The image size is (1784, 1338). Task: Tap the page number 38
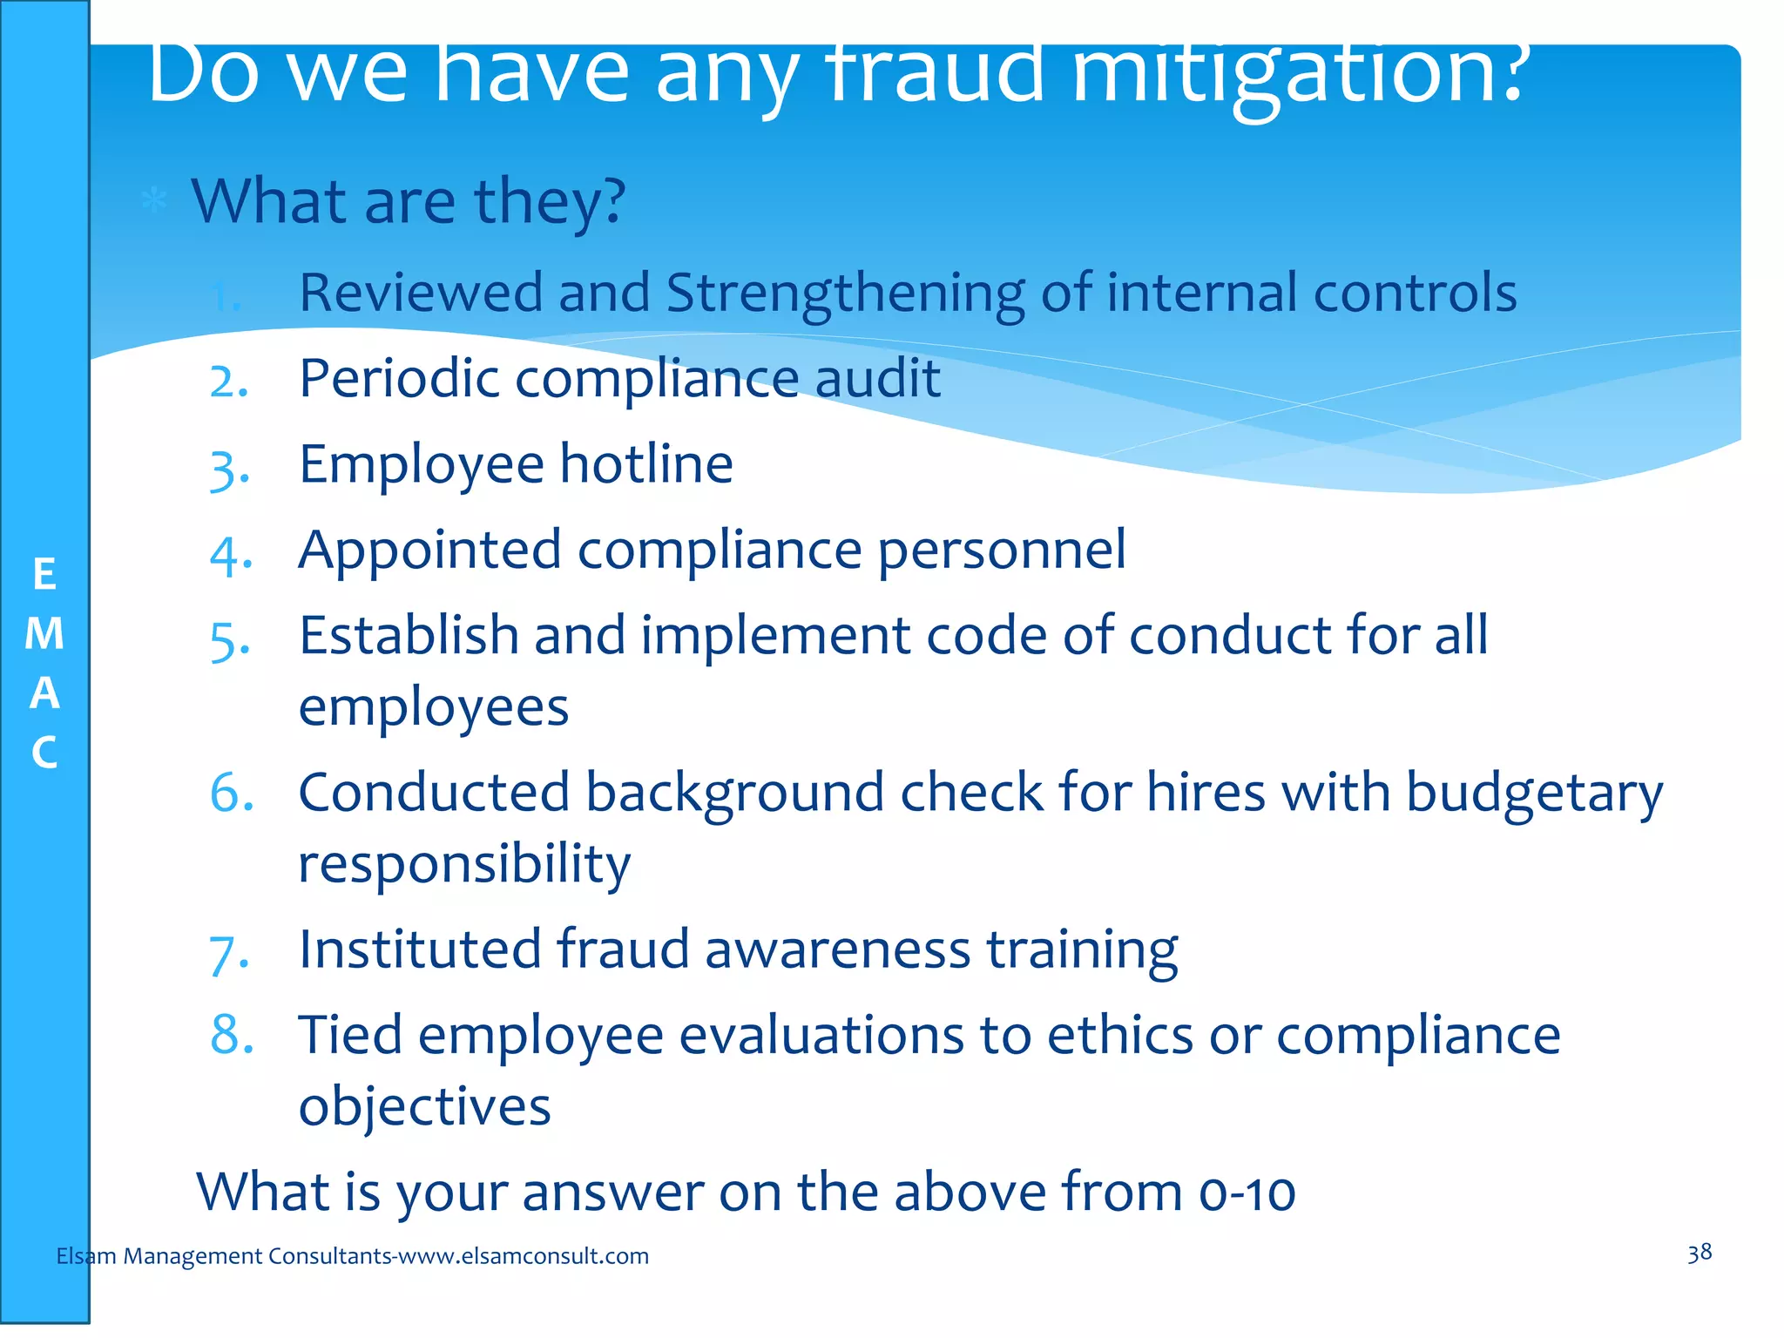(1699, 1254)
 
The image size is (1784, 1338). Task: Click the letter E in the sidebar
(44, 575)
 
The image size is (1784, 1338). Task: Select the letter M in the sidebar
(44, 634)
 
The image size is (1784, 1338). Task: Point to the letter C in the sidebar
(44, 753)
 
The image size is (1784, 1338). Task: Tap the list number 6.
(232, 793)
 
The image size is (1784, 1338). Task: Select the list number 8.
(232, 1035)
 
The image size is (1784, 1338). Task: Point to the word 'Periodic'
(399, 379)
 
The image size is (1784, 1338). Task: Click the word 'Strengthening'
(845, 294)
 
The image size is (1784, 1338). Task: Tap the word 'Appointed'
(429, 551)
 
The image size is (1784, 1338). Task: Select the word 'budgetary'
(1534, 794)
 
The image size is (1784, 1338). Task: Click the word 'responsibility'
(464, 865)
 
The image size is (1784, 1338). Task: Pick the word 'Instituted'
(419, 949)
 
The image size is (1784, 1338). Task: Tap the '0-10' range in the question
(1247, 1193)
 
